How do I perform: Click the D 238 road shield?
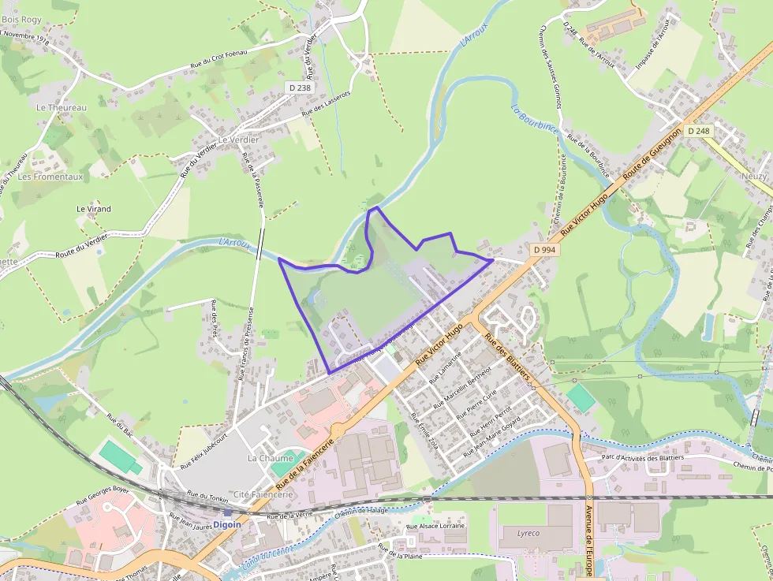click(x=301, y=88)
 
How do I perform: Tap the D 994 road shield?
click(x=544, y=249)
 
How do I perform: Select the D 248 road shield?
click(x=699, y=130)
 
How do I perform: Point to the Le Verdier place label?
click(x=239, y=140)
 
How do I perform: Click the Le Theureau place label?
click(x=61, y=106)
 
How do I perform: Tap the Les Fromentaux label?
click(x=50, y=177)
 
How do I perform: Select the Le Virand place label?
click(x=93, y=209)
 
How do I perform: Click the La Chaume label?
click(x=270, y=458)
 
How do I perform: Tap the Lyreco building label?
click(x=528, y=533)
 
